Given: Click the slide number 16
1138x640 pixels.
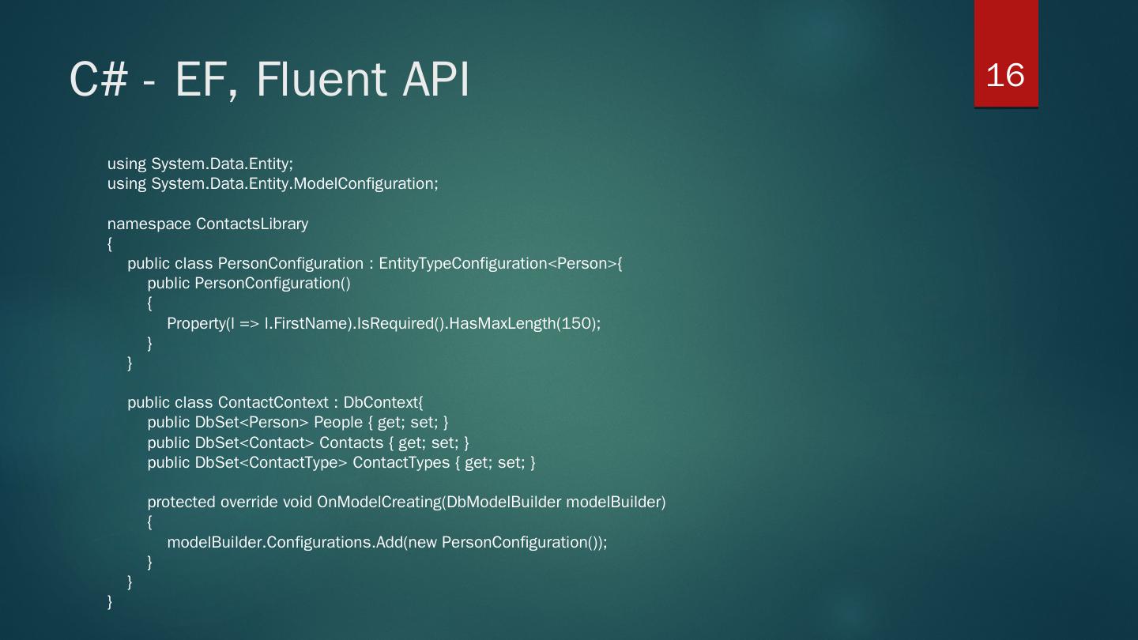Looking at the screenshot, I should [x=1005, y=75].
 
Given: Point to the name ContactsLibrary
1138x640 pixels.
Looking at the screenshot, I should [x=252, y=224].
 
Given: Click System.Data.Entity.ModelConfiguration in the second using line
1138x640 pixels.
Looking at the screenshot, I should [x=294, y=184].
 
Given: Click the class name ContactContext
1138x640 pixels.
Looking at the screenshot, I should [x=273, y=403].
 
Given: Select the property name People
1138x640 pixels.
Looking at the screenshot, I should [x=338, y=423].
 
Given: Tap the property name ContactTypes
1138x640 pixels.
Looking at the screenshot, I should [x=401, y=462].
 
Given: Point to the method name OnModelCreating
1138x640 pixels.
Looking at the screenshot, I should [x=379, y=503].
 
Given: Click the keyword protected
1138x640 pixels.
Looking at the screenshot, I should [x=182, y=503].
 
